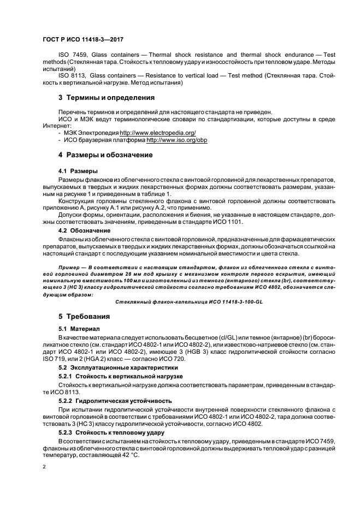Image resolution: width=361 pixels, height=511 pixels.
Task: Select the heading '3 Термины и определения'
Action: (106, 98)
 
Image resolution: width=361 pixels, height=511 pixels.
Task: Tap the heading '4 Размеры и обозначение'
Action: (105, 155)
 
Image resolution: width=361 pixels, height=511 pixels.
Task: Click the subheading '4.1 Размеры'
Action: (78, 170)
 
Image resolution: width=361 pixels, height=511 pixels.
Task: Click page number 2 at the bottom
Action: (44, 467)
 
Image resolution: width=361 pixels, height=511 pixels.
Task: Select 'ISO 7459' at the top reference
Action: (70, 55)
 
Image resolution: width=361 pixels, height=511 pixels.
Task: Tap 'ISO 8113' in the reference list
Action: (70, 75)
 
